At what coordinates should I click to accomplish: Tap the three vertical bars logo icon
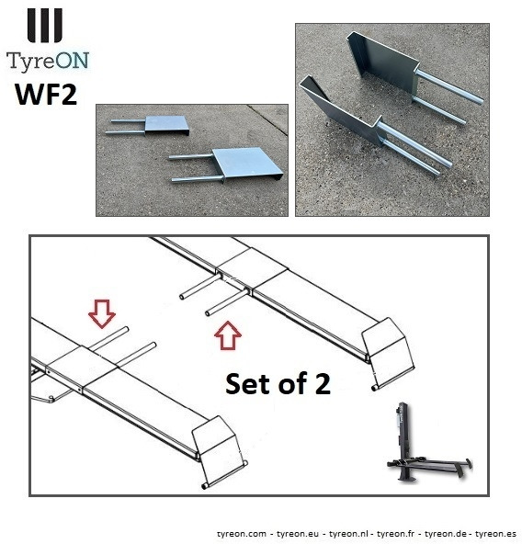pos(45,25)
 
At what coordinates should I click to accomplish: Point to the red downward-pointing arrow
pos(101,315)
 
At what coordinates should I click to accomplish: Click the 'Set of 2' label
pos(278,384)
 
